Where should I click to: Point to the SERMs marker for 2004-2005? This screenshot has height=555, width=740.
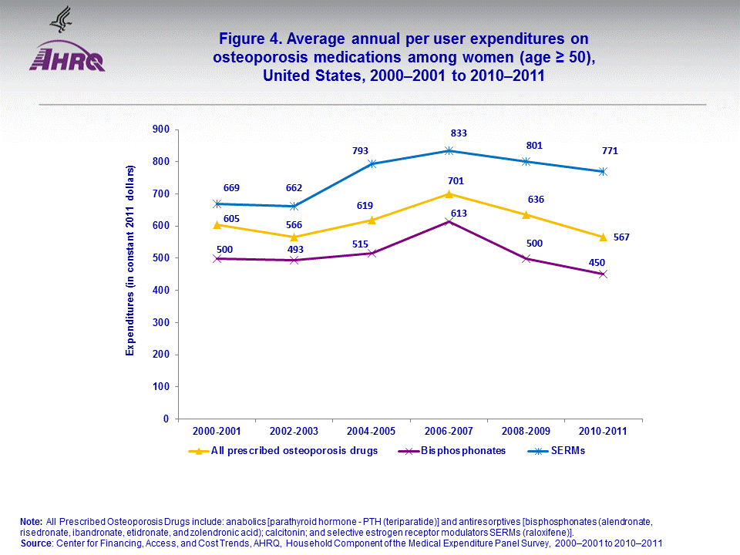tap(372, 163)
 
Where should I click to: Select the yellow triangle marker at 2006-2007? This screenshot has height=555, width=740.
tap(449, 193)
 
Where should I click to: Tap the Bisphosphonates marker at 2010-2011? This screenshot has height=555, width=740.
tap(604, 274)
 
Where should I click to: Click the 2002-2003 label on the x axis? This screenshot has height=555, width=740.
tap(294, 432)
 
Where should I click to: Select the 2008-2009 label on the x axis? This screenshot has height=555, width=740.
tap(526, 432)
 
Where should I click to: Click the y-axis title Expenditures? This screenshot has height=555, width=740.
tap(130, 260)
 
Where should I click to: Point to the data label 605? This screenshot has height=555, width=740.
tap(231, 219)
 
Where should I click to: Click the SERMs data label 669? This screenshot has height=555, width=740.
tap(231, 187)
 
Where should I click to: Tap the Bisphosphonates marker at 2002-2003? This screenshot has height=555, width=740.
tap(294, 260)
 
